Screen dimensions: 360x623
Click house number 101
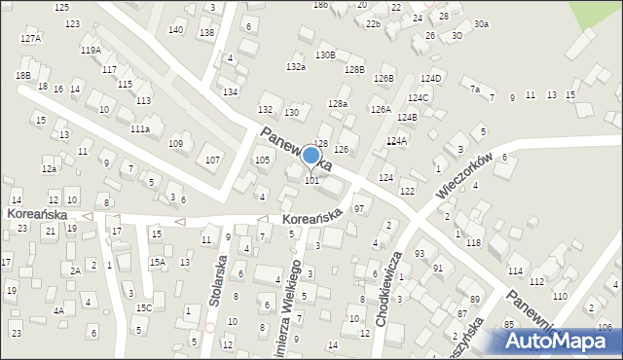312,180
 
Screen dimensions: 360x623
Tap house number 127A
30,39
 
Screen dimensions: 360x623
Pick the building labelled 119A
91,50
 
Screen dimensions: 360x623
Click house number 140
175,30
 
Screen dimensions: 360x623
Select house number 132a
296,67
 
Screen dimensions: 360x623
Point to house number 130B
325,55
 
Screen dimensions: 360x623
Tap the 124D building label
431,79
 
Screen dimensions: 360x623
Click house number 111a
140,128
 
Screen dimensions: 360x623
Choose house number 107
211,159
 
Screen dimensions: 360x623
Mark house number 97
359,209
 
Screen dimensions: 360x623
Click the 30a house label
481,23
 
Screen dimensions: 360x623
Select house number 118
473,242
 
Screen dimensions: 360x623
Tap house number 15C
143,308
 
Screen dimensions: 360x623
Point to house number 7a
475,90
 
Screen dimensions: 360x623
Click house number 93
420,253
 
